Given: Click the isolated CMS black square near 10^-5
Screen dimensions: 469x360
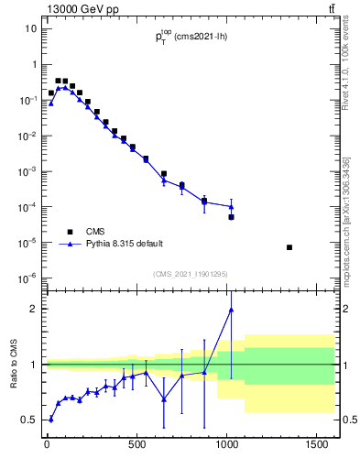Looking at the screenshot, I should click(289, 247).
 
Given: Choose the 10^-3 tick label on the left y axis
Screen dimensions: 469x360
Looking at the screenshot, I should click(28, 171).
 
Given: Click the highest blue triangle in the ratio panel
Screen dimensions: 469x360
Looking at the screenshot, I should click(231, 310).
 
